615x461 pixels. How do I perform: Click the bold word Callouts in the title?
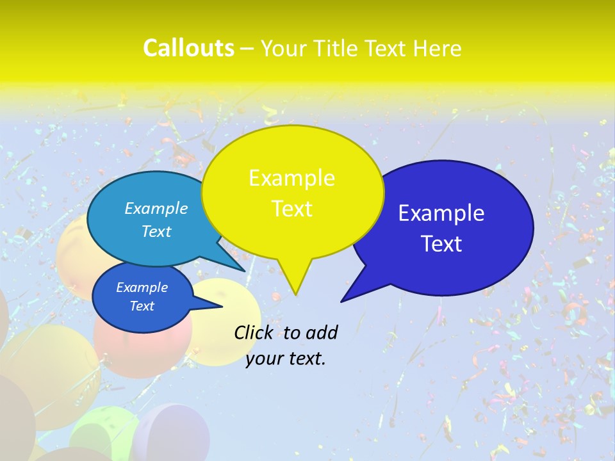coord(188,48)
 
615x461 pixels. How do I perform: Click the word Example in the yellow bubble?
coord(291,178)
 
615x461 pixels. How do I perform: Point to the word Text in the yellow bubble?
coord(291,209)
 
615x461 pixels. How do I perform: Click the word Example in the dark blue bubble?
coord(441,213)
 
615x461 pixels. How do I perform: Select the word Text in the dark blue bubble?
coord(441,244)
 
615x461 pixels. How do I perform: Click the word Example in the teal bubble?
coord(156,208)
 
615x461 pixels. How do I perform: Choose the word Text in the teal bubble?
coord(156,231)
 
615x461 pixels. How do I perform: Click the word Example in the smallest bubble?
coord(142,287)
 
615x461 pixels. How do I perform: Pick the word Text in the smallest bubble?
coord(142,306)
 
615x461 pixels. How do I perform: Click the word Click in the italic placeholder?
coord(254,332)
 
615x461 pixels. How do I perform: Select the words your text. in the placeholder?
coord(286,359)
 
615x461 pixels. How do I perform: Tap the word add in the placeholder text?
coord(321,332)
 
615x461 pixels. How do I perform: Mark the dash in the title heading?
coord(248,49)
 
